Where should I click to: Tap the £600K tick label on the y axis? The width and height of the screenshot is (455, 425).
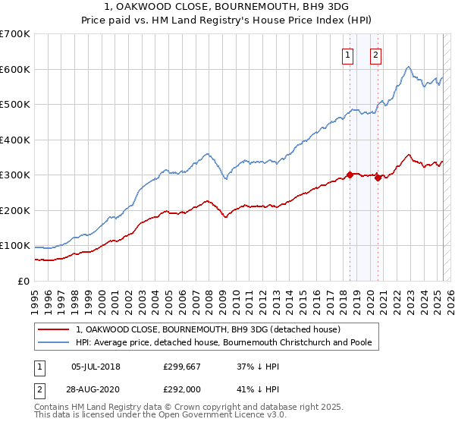point(15,69)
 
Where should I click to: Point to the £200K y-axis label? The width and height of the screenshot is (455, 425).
point(15,210)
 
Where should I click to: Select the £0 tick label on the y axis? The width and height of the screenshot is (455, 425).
point(24,281)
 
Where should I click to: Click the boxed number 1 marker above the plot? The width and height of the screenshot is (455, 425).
point(347,54)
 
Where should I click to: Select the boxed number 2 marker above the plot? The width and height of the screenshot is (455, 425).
point(376,54)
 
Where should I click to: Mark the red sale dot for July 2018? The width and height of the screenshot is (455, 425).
point(350,175)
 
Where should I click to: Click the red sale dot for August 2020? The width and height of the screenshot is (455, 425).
point(378,178)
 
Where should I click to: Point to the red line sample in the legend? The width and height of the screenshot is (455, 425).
point(54,329)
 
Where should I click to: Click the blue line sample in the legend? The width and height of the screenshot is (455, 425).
point(54,342)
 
